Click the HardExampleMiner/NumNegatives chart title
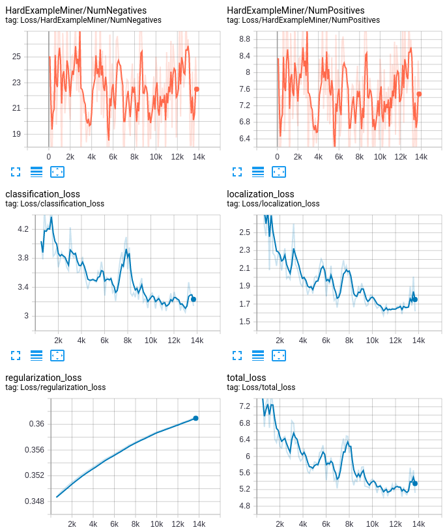[76, 10]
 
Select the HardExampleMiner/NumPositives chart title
[295, 10]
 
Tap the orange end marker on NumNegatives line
[197, 89]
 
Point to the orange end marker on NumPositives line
[419, 94]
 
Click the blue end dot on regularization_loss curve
[195, 418]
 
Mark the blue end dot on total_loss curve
[414, 483]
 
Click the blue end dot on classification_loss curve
[194, 300]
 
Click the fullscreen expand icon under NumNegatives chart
[16, 172]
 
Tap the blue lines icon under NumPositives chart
[258, 172]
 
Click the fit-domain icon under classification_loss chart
[57, 356]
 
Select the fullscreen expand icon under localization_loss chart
[237, 356]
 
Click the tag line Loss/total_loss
[261, 387]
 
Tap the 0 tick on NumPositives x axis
[277, 157]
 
